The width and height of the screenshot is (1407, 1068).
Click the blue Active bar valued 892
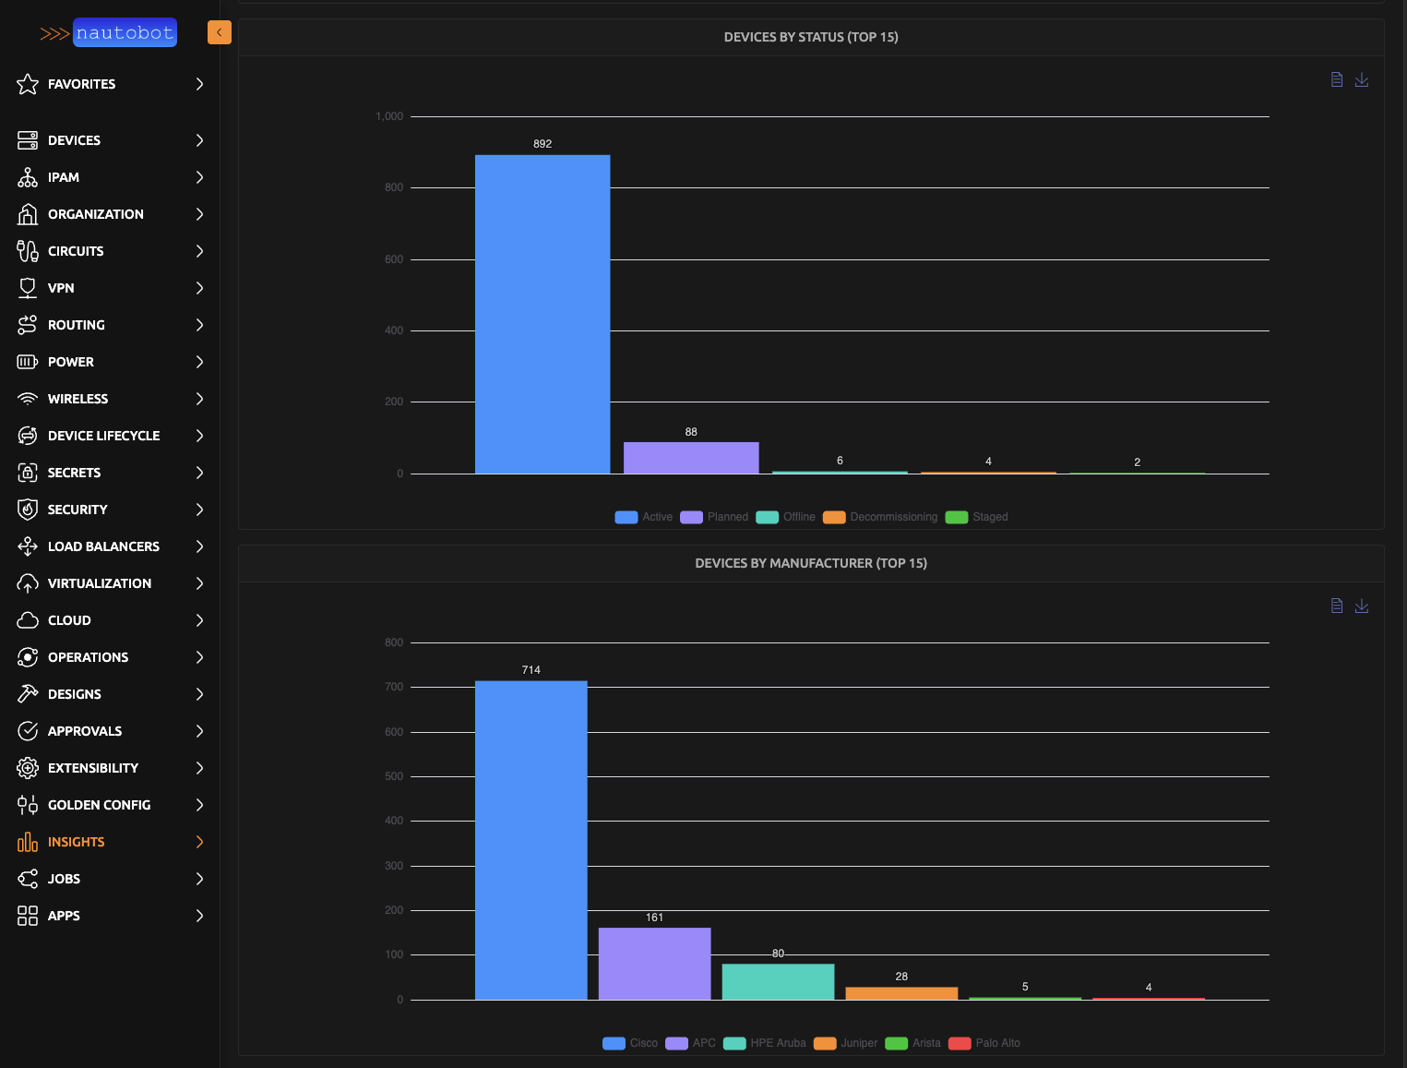click(543, 314)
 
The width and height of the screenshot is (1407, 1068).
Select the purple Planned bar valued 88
click(691, 458)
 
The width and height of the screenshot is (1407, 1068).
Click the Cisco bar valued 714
click(531, 840)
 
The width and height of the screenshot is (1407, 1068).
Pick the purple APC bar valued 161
click(654, 964)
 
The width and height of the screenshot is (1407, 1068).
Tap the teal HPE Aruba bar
click(778, 981)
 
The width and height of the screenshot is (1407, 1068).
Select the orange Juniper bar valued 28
click(901, 993)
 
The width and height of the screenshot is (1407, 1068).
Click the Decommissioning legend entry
click(881, 517)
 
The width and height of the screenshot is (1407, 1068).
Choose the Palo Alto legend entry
click(985, 1043)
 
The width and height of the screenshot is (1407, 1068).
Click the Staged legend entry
click(977, 517)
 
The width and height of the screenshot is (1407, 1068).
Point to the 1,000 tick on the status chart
click(389, 116)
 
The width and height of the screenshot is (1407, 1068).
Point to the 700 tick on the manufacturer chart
click(394, 687)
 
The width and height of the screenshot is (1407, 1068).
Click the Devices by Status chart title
click(811, 37)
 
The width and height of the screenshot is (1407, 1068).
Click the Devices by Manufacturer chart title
click(811, 563)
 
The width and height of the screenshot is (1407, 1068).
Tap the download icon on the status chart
click(1362, 80)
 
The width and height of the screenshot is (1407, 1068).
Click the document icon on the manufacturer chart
click(1337, 606)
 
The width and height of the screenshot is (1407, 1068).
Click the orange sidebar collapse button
click(220, 32)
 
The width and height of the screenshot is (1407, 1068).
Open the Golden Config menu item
click(99, 805)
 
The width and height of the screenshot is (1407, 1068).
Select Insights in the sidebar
click(76, 842)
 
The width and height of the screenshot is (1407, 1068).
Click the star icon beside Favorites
click(28, 84)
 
